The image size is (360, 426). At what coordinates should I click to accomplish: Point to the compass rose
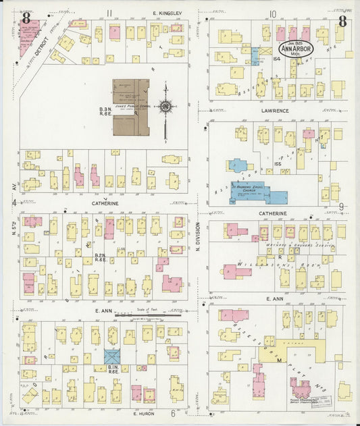point(165,106)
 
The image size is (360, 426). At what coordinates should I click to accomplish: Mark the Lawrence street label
point(272,111)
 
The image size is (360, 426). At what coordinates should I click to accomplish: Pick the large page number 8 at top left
point(26,19)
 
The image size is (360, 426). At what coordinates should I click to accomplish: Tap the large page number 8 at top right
point(342,21)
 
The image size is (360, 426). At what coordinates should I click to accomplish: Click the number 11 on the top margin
point(109,13)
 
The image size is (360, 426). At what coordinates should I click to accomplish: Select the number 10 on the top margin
point(272,13)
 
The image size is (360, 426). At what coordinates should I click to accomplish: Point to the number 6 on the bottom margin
point(172,414)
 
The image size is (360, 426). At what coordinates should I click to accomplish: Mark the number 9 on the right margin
point(342,207)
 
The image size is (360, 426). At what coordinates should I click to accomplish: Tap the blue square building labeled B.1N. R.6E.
point(111,356)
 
